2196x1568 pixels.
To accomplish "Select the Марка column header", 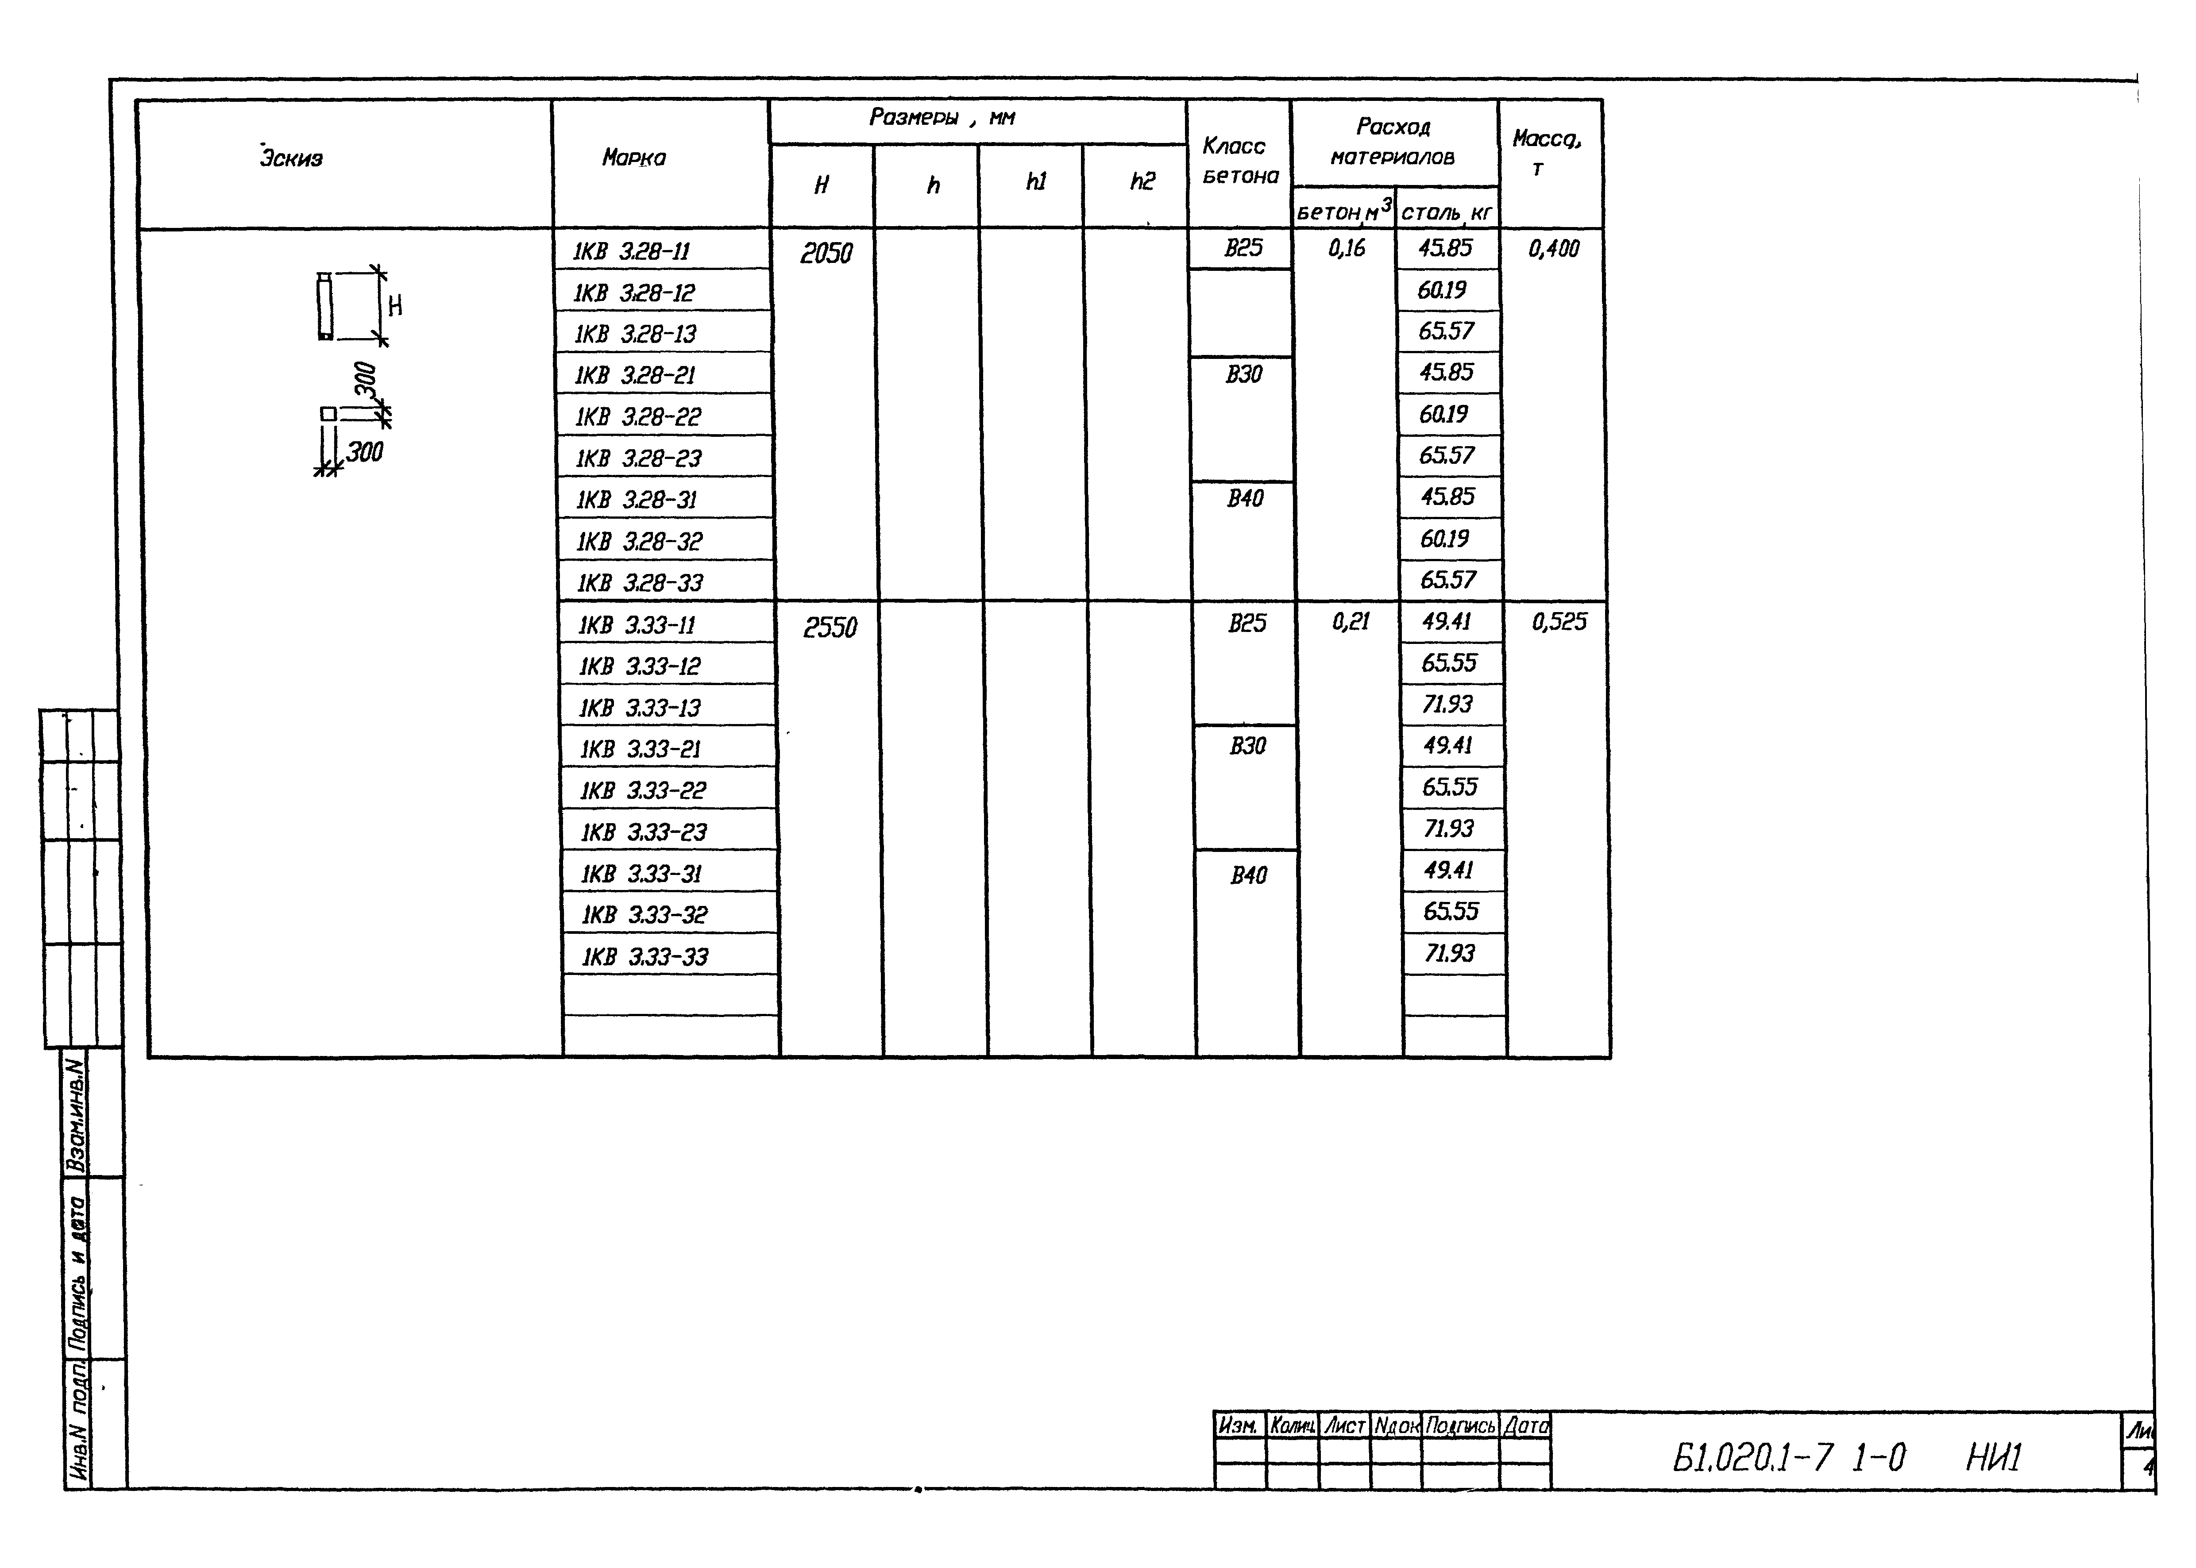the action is (633, 158).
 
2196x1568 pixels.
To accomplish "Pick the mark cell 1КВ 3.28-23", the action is (638, 458).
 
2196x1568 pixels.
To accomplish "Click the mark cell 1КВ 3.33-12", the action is (639, 666).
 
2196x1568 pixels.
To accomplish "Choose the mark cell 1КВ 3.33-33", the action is (644, 957).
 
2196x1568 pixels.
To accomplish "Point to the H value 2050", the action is (826, 253).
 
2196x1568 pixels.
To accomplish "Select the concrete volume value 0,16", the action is (1347, 248).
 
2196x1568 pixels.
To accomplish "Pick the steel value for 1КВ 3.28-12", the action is (1443, 289).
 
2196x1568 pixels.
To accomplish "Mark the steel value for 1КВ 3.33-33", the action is (1450, 953).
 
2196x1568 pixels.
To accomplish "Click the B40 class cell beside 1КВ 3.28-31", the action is (1245, 498).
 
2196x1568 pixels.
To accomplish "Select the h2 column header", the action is (1142, 181).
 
